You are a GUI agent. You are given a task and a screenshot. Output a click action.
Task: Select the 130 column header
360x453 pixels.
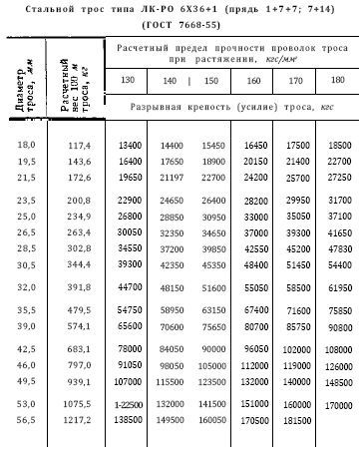[129, 80]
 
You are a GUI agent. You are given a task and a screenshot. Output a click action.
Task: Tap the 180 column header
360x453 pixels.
[335, 80]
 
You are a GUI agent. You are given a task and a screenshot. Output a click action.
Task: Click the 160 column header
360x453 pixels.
[253, 80]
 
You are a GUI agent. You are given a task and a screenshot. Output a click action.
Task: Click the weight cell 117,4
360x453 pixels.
[79, 146]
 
